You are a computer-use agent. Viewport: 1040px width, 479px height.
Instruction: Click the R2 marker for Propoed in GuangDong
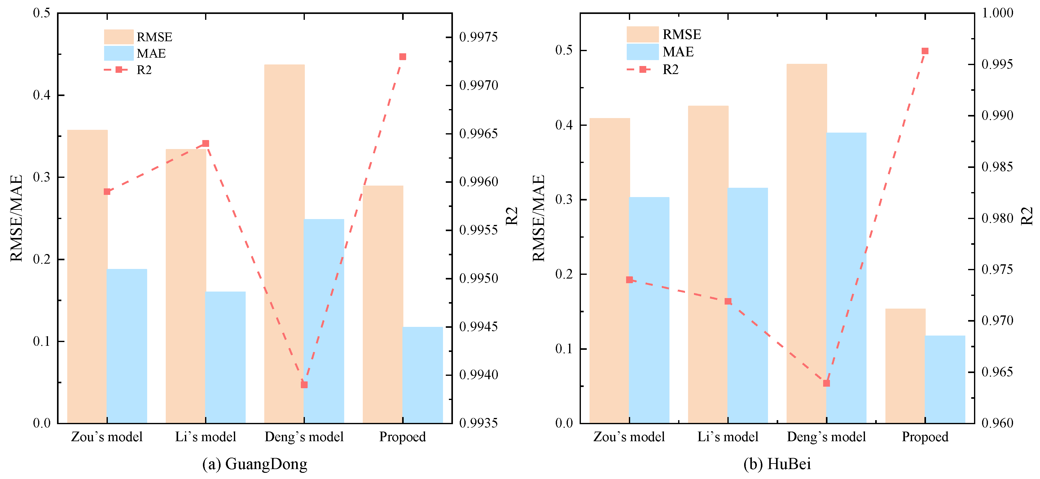point(402,56)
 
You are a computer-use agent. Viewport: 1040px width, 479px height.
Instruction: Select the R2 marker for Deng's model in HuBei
point(827,383)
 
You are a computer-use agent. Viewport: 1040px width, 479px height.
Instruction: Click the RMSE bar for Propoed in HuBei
point(905,366)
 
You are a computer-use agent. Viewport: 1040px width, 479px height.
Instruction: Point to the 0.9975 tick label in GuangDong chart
point(478,37)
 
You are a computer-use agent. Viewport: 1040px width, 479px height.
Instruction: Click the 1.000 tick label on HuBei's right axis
point(997,13)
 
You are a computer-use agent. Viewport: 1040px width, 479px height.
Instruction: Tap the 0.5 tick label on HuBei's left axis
point(564,50)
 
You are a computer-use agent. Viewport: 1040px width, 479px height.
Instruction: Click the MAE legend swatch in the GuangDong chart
point(119,53)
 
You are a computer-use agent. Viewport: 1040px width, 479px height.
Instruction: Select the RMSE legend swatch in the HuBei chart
point(642,34)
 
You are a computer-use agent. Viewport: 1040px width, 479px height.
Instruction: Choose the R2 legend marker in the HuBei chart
point(642,69)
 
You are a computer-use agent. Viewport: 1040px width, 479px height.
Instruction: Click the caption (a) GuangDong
point(255,464)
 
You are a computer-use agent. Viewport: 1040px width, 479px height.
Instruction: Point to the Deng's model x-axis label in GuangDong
point(304,437)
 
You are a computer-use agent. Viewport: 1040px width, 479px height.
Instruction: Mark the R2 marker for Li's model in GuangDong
point(205,143)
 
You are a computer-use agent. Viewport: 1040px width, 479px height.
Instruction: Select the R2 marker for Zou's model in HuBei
point(630,279)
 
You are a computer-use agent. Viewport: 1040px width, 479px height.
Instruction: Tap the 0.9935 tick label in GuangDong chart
point(478,423)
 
